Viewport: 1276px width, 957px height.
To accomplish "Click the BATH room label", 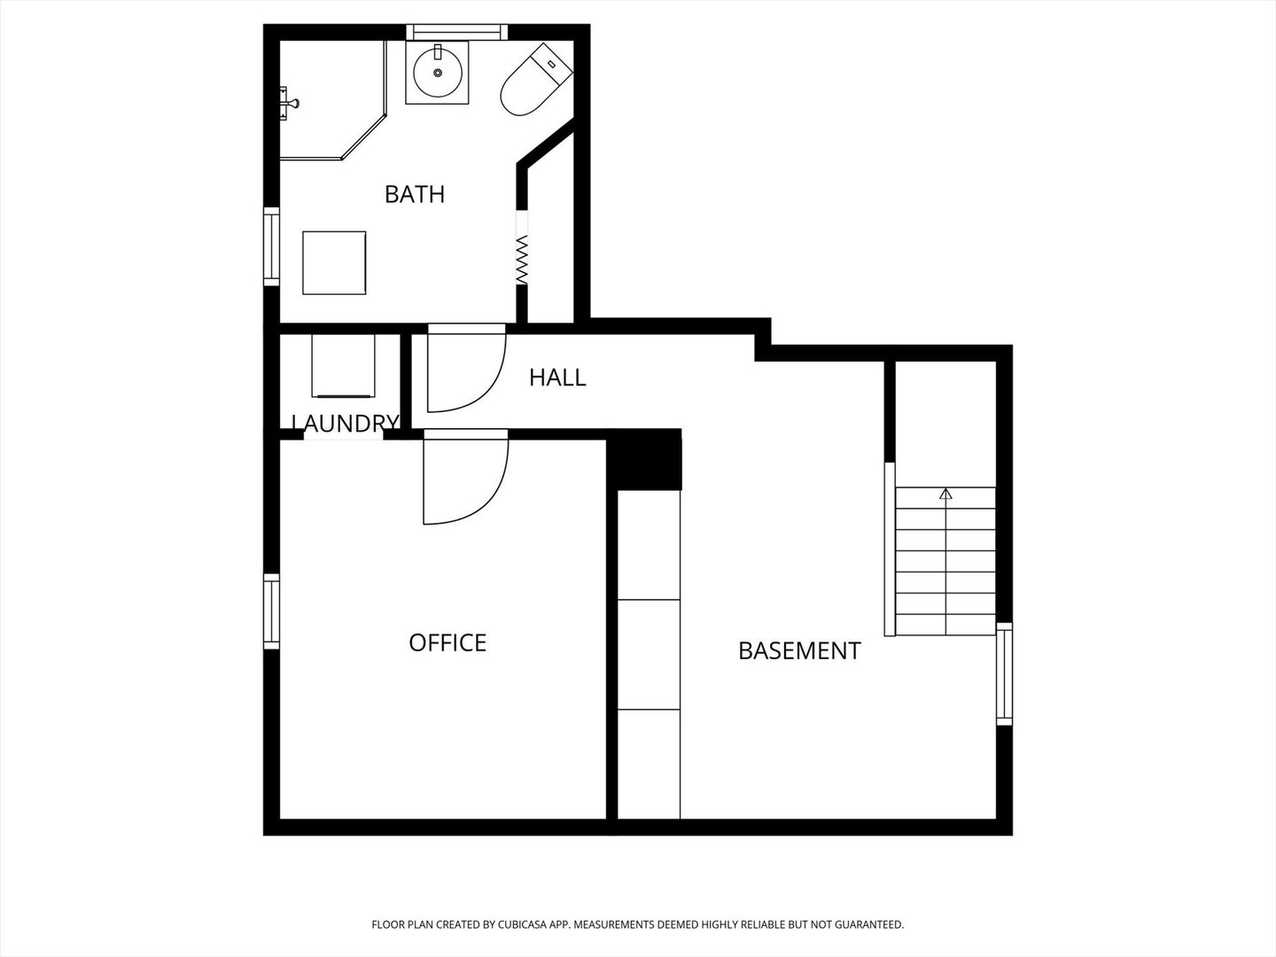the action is pyautogui.click(x=415, y=194).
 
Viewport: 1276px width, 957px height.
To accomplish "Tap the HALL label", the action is pyautogui.click(x=557, y=377).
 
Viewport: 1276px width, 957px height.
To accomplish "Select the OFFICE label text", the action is pyautogui.click(x=447, y=642).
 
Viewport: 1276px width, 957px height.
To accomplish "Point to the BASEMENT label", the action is pyautogui.click(x=799, y=650).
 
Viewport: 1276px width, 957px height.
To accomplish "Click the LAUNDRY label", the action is pyautogui.click(x=346, y=423).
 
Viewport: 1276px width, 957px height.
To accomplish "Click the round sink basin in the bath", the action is pyautogui.click(x=438, y=73).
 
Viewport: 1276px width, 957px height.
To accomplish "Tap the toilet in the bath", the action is pyautogui.click(x=536, y=80).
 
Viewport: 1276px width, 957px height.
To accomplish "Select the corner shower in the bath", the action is pyautogui.click(x=333, y=100).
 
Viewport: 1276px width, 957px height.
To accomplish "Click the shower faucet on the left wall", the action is pyautogui.click(x=288, y=104).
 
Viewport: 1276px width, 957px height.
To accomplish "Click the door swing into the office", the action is pyautogui.click(x=465, y=477).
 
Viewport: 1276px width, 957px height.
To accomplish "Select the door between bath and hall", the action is pyautogui.click(x=467, y=369).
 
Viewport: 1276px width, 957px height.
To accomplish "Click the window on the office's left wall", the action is pyautogui.click(x=271, y=611).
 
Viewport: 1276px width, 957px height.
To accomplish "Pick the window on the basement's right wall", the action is pyautogui.click(x=1005, y=674).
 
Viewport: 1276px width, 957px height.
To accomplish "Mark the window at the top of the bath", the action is pyautogui.click(x=457, y=32).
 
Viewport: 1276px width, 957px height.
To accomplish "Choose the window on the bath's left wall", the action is pyautogui.click(x=271, y=246).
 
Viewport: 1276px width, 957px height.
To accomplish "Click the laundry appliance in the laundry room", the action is pyautogui.click(x=343, y=366).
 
